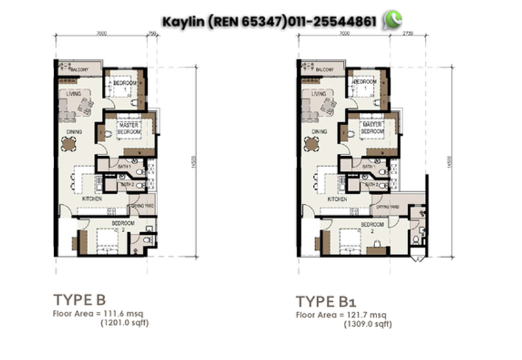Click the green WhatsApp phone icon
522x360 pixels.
coord(391,20)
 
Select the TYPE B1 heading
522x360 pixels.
coord(326,301)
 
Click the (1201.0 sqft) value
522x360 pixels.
coord(120,323)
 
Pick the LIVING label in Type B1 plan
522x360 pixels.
coord(318,94)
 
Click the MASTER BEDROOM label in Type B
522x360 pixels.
coord(129,128)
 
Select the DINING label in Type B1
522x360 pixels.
coord(318,132)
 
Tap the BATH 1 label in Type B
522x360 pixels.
coord(124,168)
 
